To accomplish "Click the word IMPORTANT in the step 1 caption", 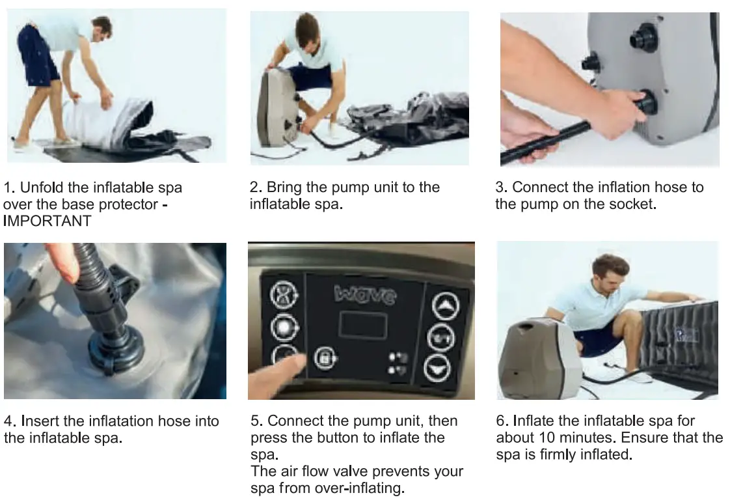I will (x=47, y=221).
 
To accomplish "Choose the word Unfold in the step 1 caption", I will (x=42, y=188).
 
